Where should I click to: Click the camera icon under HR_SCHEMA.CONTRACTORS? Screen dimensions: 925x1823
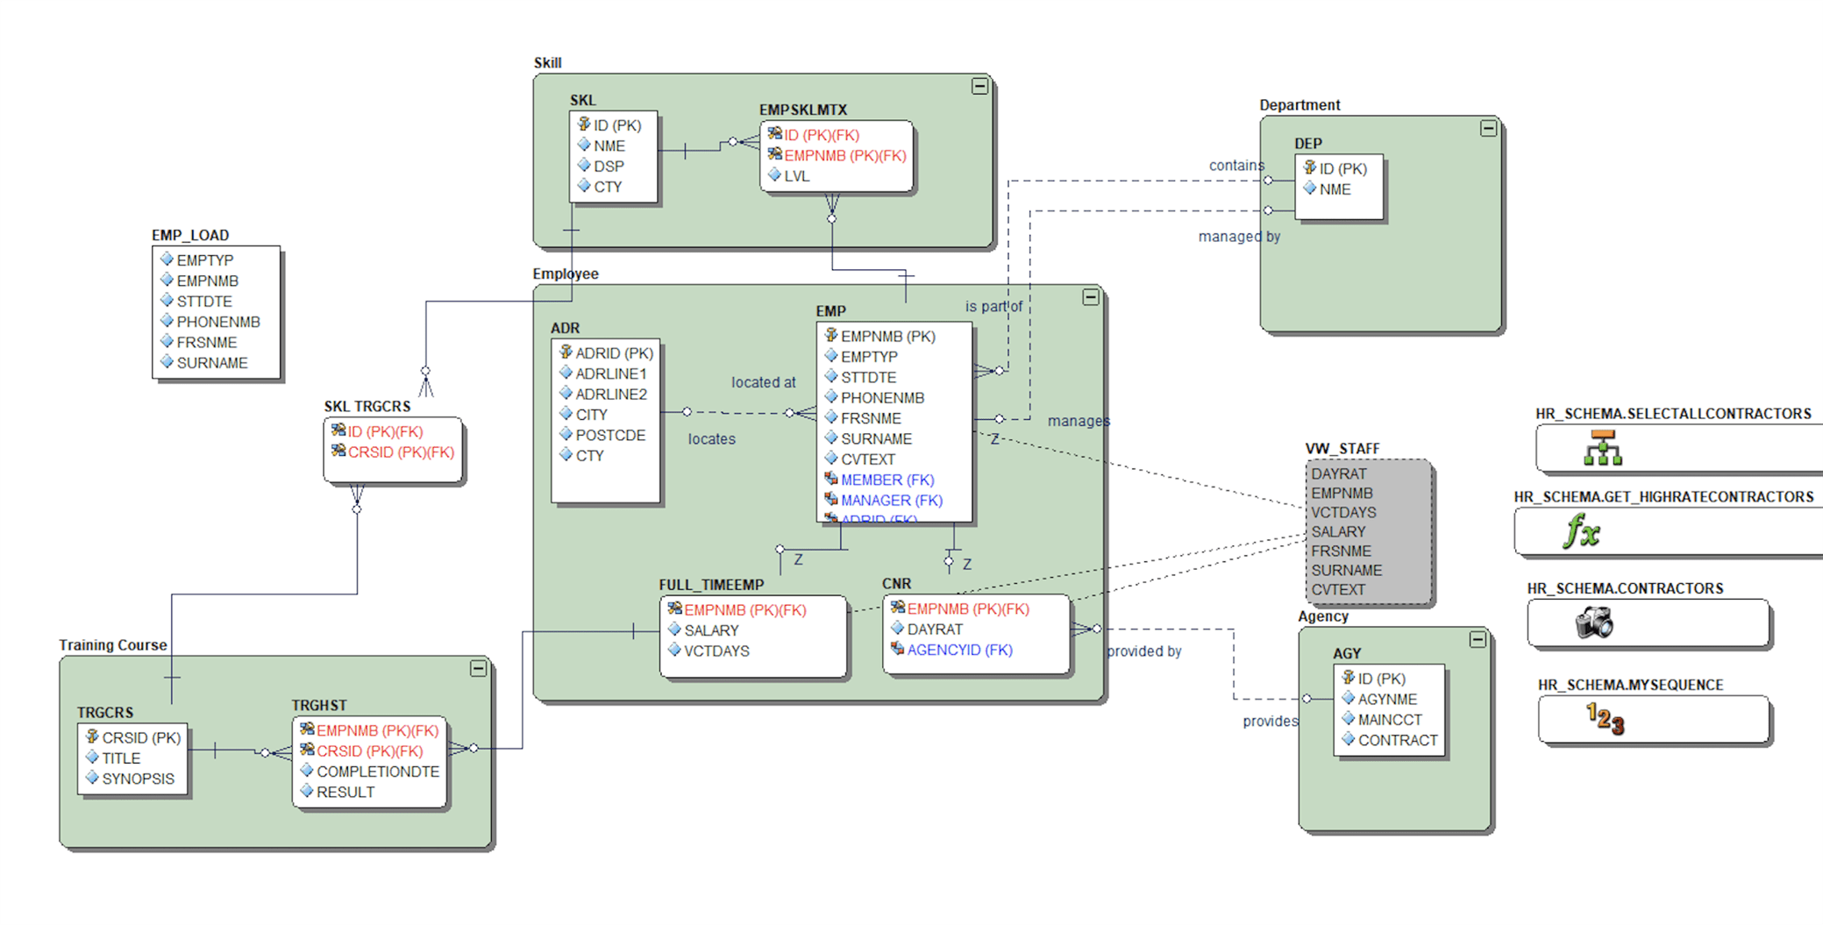(x=1594, y=623)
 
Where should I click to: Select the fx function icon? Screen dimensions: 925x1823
(x=1582, y=531)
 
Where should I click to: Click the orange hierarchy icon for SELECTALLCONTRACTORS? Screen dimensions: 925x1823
(x=1603, y=448)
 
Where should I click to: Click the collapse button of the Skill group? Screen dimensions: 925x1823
(x=979, y=86)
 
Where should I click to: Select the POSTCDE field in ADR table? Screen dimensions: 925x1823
(x=609, y=435)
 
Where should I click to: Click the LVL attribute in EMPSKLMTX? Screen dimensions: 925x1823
(x=796, y=176)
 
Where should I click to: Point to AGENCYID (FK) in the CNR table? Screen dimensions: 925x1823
(x=958, y=650)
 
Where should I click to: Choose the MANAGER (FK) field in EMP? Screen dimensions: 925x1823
(x=891, y=501)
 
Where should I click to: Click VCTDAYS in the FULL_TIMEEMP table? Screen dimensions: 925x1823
(x=716, y=651)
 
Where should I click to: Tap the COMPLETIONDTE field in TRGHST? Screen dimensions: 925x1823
(x=377, y=772)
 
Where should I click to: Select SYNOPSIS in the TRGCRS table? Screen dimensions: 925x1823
(x=138, y=779)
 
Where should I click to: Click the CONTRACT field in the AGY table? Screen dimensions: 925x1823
(x=1397, y=740)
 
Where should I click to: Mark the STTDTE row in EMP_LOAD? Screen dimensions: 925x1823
(x=203, y=302)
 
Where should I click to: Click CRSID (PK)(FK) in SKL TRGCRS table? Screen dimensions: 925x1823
(x=400, y=452)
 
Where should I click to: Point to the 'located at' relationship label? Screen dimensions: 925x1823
(x=763, y=382)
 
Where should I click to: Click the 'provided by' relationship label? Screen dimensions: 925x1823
(x=1143, y=651)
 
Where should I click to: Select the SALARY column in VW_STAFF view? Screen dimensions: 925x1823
(x=1338, y=531)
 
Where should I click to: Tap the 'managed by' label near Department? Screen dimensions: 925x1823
(x=1238, y=237)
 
